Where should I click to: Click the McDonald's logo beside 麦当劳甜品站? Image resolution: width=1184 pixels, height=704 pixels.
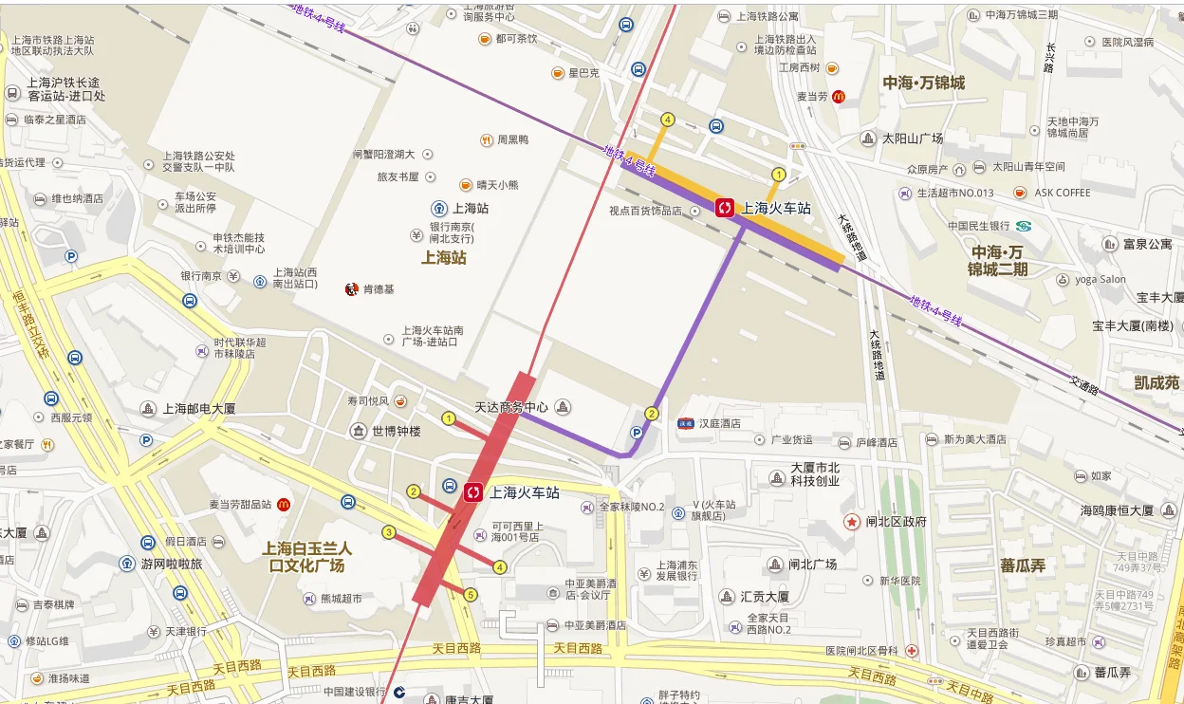(x=283, y=504)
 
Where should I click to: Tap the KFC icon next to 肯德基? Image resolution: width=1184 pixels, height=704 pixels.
(x=351, y=288)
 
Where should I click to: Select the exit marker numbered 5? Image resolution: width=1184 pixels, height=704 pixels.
(x=470, y=595)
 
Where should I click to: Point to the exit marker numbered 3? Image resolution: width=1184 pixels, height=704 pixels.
(x=388, y=532)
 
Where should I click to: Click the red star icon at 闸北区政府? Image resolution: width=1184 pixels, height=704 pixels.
(x=851, y=522)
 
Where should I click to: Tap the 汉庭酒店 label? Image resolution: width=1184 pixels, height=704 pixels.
(x=716, y=423)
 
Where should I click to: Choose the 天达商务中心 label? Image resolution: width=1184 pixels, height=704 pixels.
(x=511, y=407)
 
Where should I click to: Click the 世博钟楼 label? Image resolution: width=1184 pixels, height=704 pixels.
(x=396, y=431)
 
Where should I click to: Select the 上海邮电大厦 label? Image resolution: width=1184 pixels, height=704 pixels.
(x=199, y=409)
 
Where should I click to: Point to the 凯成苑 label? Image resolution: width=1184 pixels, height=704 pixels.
(x=1156, y=382)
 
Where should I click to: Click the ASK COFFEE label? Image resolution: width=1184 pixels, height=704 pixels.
(x=1063, y=192)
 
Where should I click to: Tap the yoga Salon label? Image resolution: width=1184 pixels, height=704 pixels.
(x=1101, y=279)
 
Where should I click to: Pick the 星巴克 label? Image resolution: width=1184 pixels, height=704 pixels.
(x=583, y=73)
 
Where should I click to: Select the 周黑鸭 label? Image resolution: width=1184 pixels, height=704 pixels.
(x=513, y=139)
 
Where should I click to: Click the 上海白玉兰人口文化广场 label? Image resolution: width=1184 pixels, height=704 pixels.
(x=306, y=557)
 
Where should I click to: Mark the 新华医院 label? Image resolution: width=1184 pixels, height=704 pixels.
(x=899, y=580)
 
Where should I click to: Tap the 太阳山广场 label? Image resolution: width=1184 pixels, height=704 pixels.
(x=913, y=139)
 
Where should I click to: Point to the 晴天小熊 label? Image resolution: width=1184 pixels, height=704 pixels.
(x=497, y=185)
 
